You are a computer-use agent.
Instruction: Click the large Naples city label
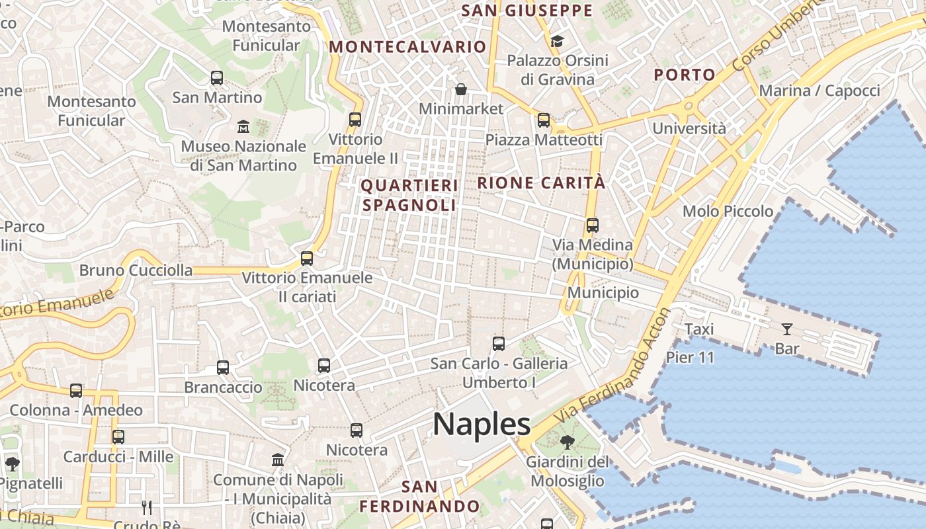pos(482,424)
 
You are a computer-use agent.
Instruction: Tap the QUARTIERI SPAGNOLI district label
pos(409,195)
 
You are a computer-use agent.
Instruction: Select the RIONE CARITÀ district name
pos(541,183)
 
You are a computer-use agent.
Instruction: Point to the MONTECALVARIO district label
pos(407,47)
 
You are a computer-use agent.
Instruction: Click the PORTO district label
pos(685,75)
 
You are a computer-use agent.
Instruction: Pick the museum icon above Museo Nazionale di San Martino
pos(243,126)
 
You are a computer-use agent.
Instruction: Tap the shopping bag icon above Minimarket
pos(461,89)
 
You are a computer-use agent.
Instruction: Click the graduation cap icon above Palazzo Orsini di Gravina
pos(557,42)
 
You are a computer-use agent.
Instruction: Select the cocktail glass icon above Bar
pos(787,329)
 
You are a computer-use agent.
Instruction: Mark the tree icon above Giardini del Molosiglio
pos(567,442)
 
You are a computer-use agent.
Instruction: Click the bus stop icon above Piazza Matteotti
pos(544,120)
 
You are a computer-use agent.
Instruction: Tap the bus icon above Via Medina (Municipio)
pos(593,225)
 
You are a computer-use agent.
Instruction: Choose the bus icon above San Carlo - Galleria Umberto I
pos(499,344)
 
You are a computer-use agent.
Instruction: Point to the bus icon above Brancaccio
pos(223,368)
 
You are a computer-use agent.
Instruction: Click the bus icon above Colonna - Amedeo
pos(76,391)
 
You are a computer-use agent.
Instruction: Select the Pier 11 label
pos(690,358)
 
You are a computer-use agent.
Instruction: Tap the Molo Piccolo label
pos(728,212)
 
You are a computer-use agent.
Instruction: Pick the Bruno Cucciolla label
pos(136,270)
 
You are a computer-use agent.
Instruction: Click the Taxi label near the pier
pos(699,329)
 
